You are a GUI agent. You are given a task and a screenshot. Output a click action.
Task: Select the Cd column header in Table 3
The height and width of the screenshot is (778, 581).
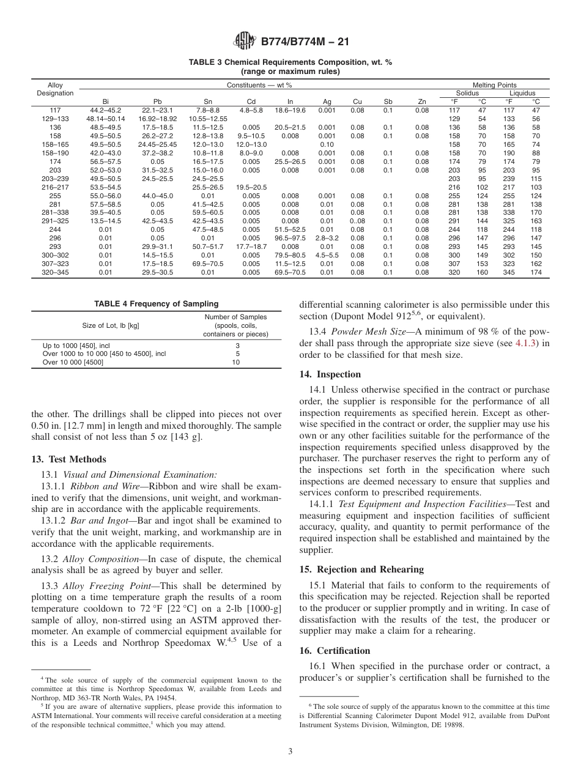pos(251,102)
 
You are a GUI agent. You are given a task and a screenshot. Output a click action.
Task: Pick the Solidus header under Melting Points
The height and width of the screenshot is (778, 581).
pos(467,93)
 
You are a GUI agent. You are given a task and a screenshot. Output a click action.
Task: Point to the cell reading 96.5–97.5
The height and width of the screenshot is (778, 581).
pos(290,239)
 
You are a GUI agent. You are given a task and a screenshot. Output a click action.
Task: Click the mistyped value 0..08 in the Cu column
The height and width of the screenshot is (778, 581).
pos(357,221)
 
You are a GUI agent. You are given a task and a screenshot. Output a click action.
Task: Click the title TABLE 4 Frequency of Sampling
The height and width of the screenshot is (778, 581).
pos(156,304)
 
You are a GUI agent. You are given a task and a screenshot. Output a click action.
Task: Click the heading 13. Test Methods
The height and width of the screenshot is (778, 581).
pos(68,459)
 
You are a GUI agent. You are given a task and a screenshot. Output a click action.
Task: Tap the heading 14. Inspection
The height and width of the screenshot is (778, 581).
pos(330,374)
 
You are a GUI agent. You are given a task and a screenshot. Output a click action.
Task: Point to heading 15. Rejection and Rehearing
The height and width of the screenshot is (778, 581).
pos(361,569)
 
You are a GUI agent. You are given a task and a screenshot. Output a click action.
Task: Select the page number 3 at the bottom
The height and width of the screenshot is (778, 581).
pos(290,752)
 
